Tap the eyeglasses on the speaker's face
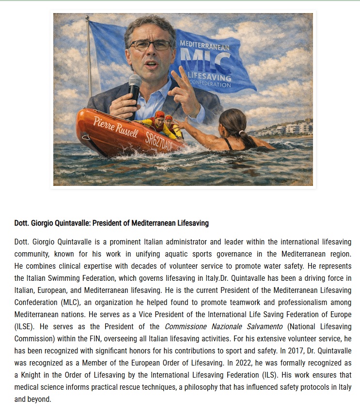pyautogui.click(x=150, y=45)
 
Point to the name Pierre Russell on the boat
pyautogui.click(x=115, y=126)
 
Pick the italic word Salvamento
pyautogui.click(x=263, y=338)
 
